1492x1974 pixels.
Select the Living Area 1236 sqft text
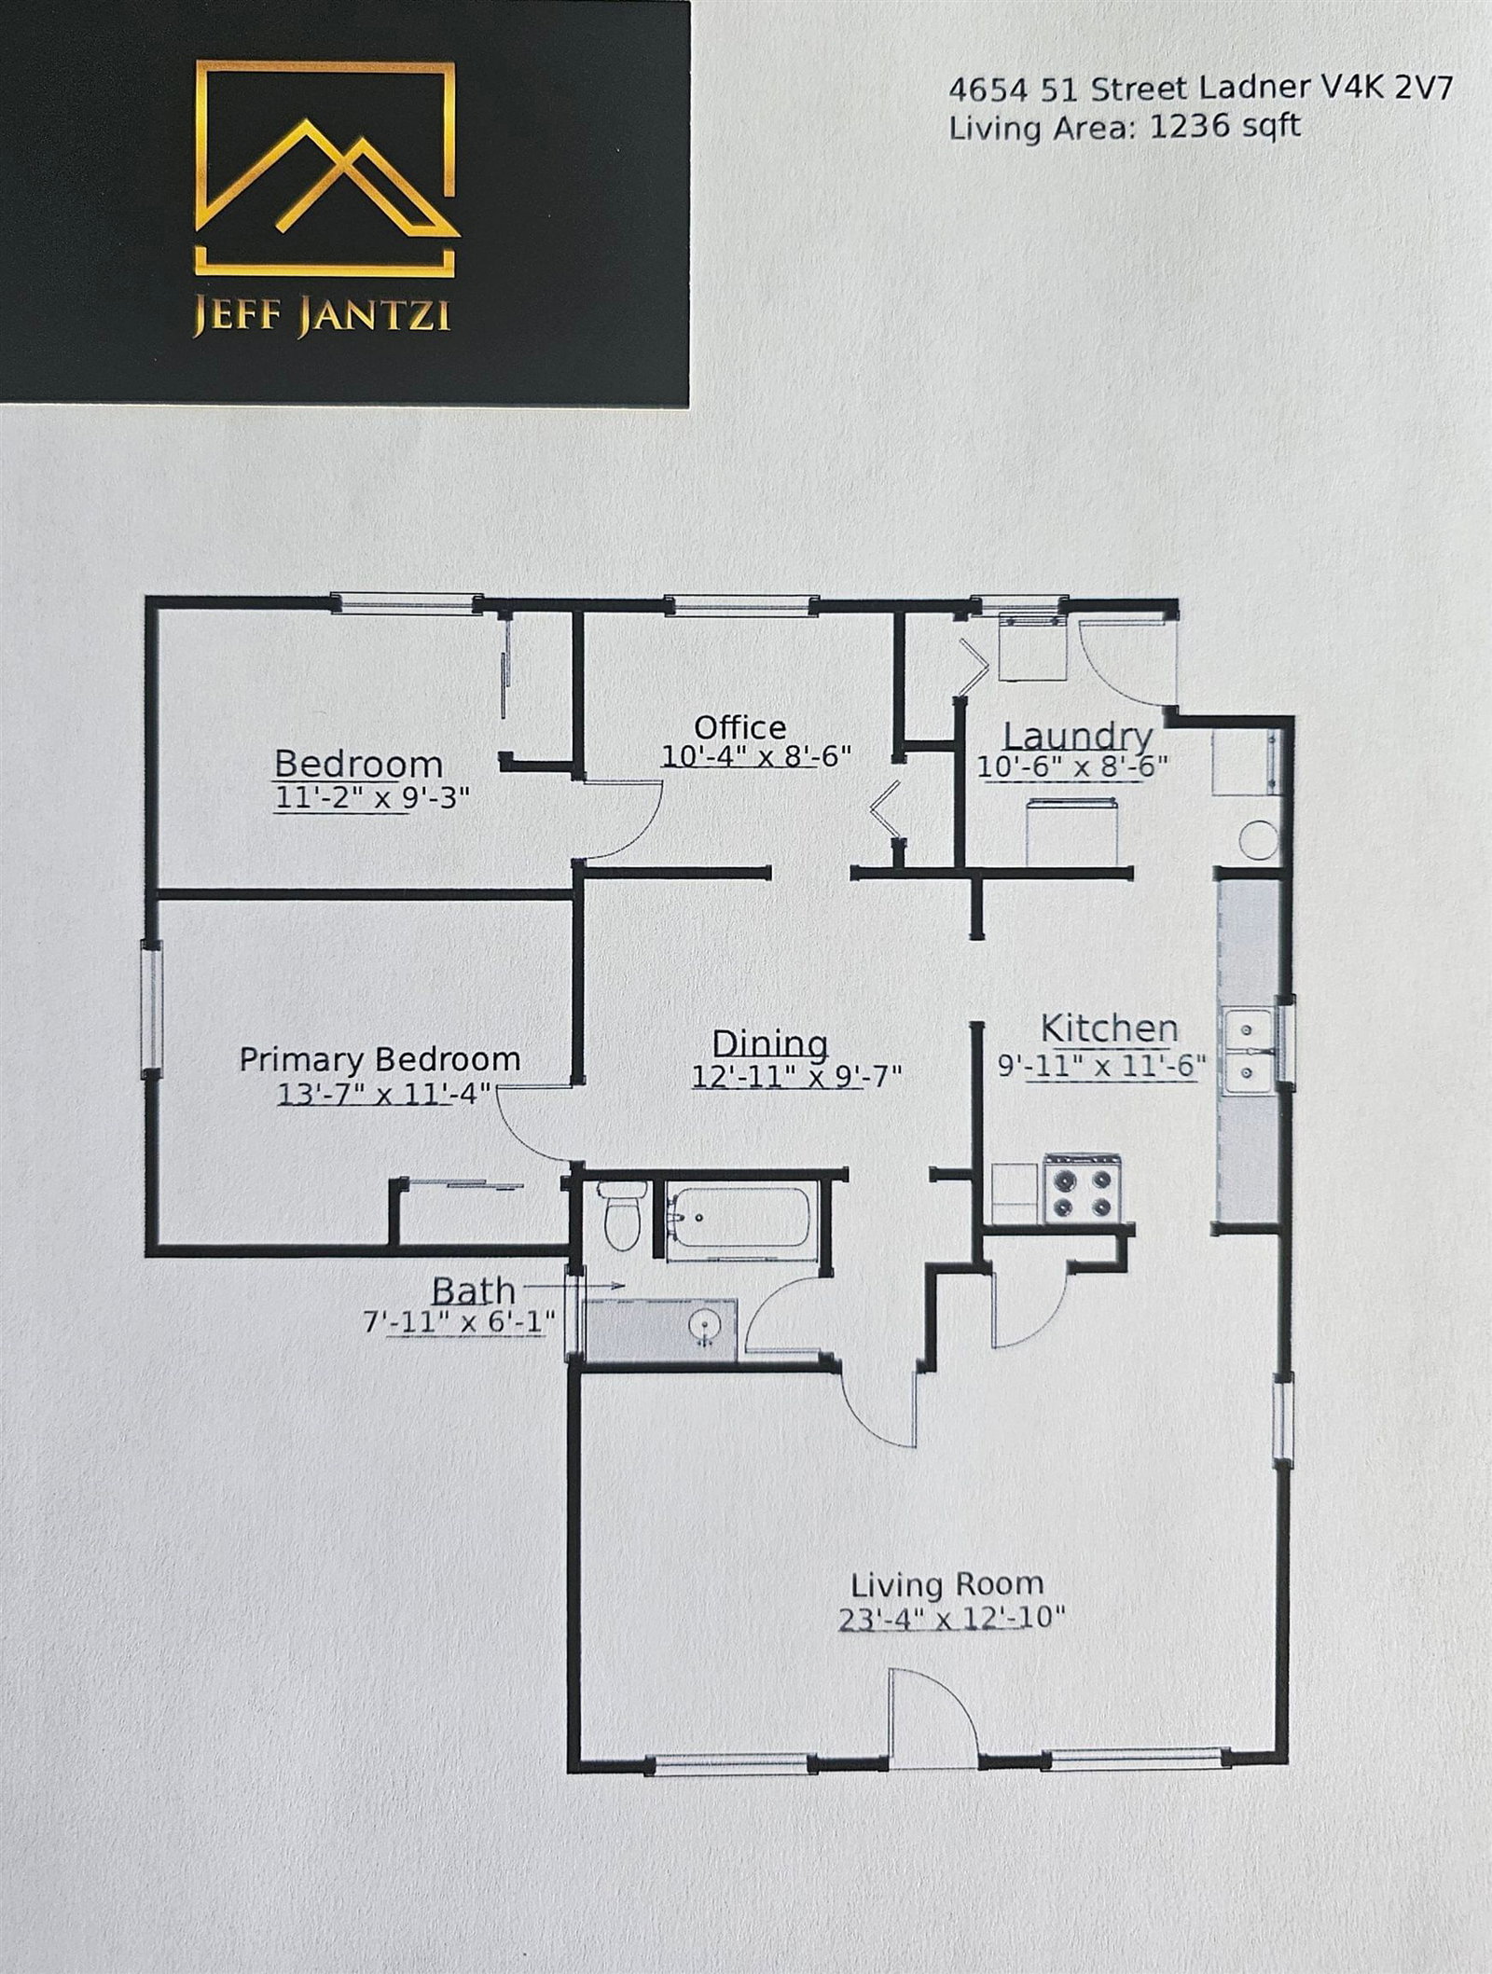1124,127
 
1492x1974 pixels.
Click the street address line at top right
1200,90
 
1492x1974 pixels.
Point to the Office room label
739,727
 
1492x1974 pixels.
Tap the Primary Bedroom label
380,1059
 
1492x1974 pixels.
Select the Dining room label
769,1043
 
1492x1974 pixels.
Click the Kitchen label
1109,1028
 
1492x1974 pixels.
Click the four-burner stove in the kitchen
1082,1189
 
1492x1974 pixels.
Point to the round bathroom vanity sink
703,1324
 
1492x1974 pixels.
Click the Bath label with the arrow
474,1291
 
